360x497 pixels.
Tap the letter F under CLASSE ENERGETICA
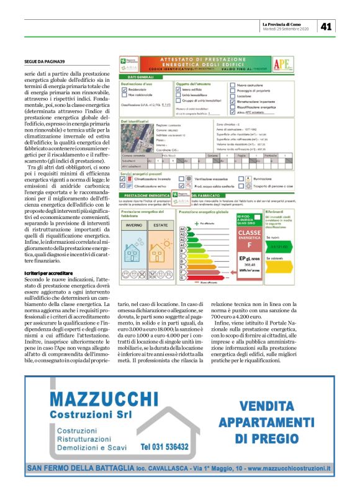pos(251,244)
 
